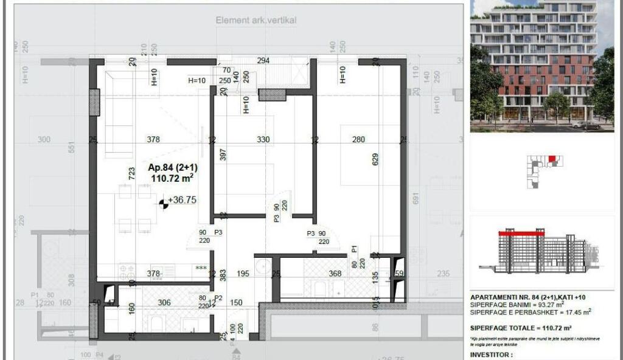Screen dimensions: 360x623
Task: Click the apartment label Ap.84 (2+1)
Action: coord(172,167)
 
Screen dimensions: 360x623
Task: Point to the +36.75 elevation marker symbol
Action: coord(164,204)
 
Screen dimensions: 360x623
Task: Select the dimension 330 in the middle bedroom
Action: coord(263,139)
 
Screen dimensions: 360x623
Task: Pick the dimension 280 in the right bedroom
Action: coord(358,139)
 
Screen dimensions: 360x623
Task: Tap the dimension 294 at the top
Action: coord(263,61)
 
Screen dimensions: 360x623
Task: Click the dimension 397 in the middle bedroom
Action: coord(223,155)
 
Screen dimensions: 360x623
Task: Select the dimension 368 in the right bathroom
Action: coord(335,274)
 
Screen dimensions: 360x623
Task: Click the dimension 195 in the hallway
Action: coord(243,274)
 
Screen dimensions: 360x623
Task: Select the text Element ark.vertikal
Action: coord(256,20)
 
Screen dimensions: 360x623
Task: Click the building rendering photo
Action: coord(534,66)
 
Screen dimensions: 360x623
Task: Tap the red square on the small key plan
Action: coord(552,159)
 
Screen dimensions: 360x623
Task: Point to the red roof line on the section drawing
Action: coord(521,233)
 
